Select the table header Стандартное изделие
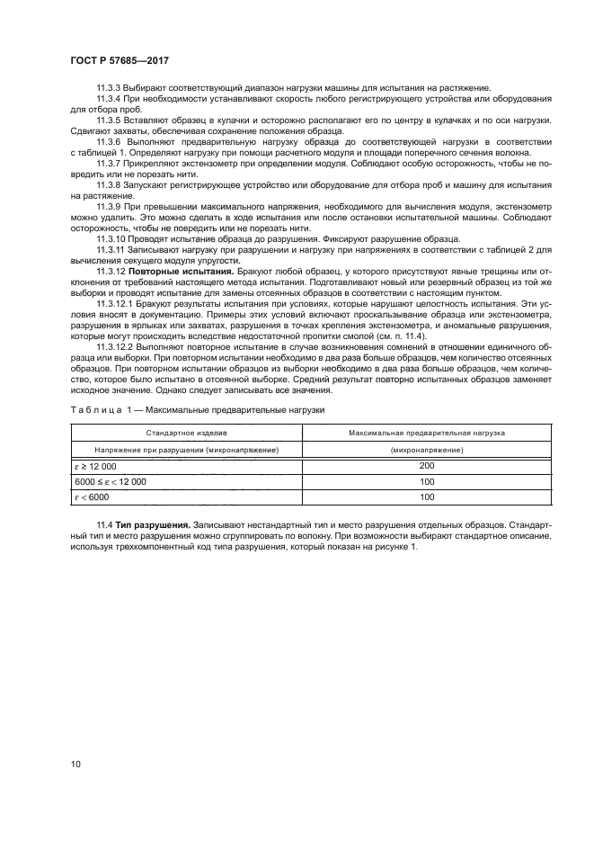[186, 433]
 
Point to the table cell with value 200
[426, 465]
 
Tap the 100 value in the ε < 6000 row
[426, 497]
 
